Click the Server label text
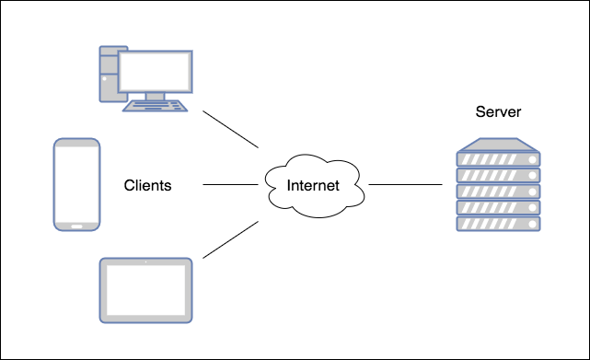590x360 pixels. (x=498, y=112)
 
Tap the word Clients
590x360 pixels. (x=147, y=185)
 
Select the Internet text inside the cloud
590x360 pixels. (x=313, y=185)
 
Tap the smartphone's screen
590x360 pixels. (x=76, y=183)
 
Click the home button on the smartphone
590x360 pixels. (x=76, y=224)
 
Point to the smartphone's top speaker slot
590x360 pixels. (x=76, y=144)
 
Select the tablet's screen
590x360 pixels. (x=145, y=289)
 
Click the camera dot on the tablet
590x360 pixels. (x=145, y=262)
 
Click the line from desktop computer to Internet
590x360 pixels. (x=230, y=130)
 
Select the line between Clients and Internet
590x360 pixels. (x=229, y=185)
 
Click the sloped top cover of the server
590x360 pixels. (x=498, y=145)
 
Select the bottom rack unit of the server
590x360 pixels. (x=498, y=223)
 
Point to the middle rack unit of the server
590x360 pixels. (x=498, y=192)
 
